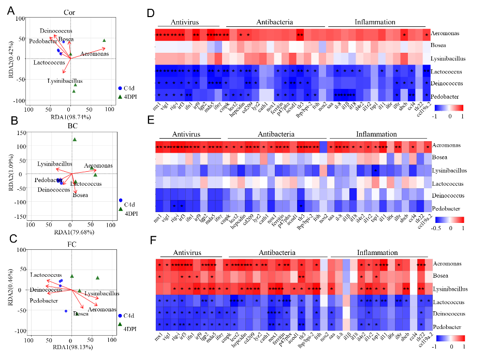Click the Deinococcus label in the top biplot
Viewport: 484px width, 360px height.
[56, 31]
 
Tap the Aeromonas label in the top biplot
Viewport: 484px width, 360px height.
[95, 54]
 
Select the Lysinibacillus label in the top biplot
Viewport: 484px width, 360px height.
[65, 81]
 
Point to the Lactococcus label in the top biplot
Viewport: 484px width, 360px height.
[49, 63]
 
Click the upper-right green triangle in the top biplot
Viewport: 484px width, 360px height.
[104, 40]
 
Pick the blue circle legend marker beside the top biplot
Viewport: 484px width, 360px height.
[120, 88]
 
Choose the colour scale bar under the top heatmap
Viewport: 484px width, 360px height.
[448, 108]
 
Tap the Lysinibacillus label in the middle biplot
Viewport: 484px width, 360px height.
[54, 164]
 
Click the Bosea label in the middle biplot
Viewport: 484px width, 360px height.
[80, 196]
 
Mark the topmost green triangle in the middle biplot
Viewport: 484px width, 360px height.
[75, 139]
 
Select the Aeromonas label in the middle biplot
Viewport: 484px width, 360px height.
[98, 166]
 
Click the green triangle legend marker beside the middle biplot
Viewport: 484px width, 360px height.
[121, 209]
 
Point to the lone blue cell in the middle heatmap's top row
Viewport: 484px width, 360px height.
[324, 147]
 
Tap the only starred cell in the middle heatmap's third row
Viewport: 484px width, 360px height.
[376, 171]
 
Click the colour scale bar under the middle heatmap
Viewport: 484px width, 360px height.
[449, 219]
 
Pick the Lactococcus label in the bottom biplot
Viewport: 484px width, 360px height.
[46, 275]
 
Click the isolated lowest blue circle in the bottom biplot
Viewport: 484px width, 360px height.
[66, 311]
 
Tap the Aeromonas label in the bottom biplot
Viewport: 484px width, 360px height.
[101, 309]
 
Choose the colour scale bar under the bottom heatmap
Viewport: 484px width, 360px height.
[450, 338]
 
